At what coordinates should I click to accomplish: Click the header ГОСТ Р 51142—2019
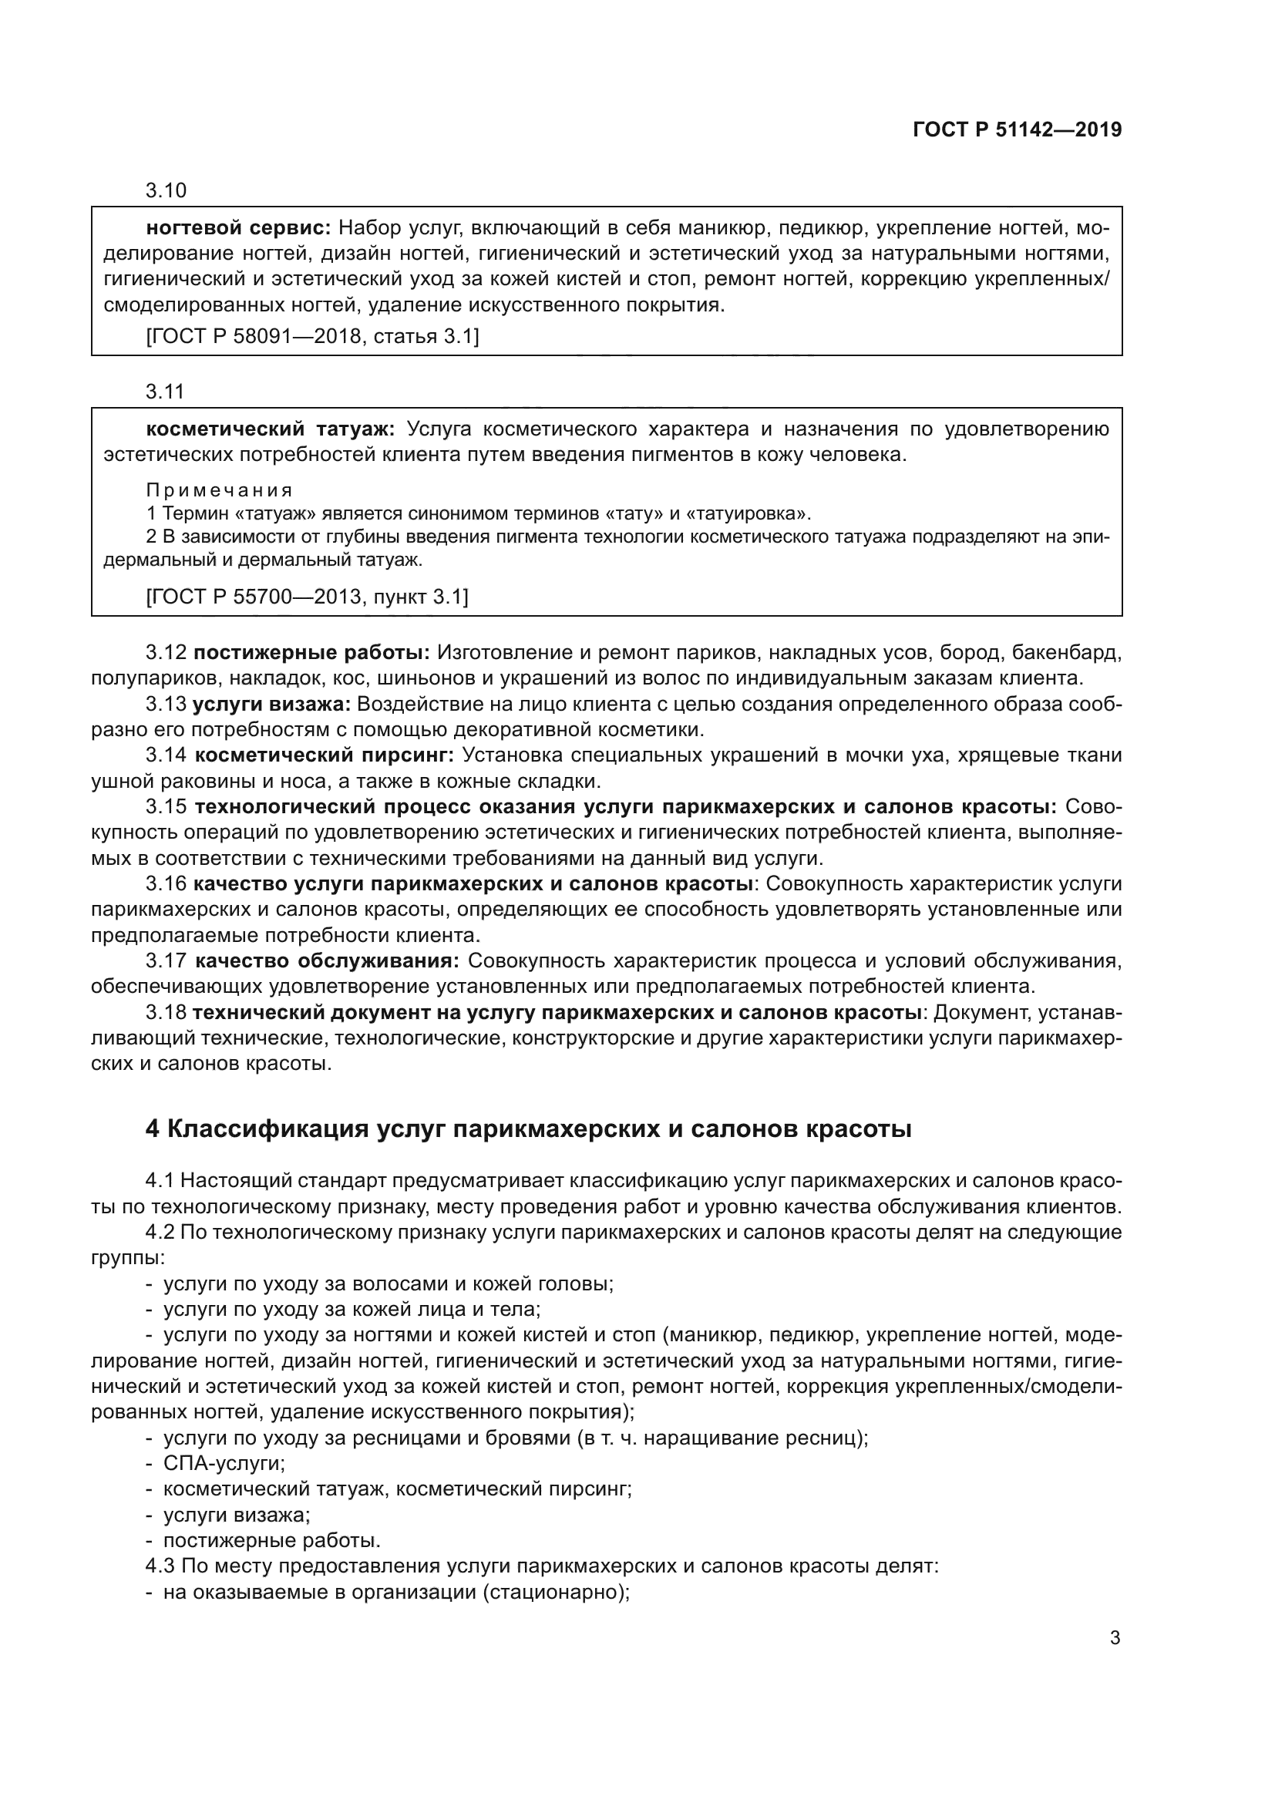click(x=1017, y=130)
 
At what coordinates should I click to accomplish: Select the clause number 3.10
click(x=166, y=190)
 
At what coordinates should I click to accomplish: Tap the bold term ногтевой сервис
click(x=238, y=228)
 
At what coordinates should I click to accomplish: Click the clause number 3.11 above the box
click(x=164, y=391)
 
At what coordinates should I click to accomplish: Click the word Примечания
click(x=219, y=490)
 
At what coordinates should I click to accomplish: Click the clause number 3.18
click(x=166, y=1013)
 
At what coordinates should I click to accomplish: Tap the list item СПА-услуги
click(x=224, y=1464)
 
